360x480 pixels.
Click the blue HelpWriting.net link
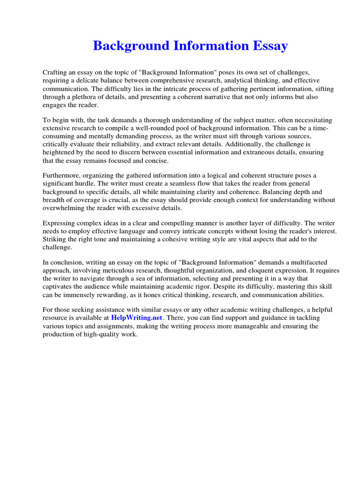point(136,318)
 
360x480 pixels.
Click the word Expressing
point(60,223)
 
